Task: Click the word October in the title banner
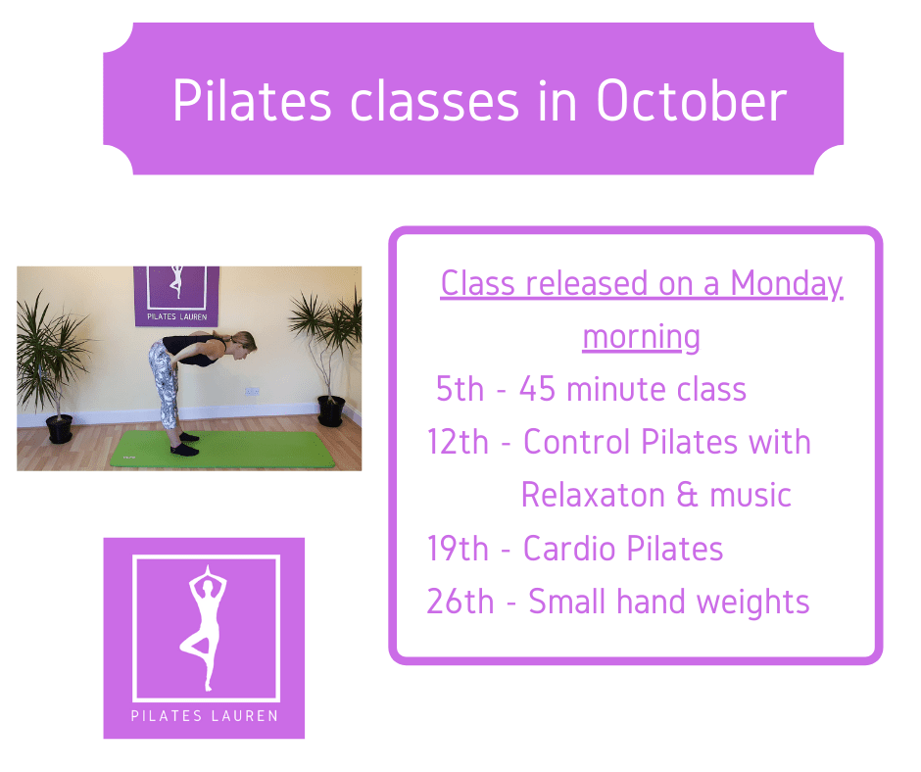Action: tap(691, 101)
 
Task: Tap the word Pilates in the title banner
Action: tap(252, 101)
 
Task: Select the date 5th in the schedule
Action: tap(460, 389)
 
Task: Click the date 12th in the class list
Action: tap(458, 442)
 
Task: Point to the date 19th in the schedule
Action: tap(458, 549)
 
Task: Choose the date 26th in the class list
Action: tap(460, 602)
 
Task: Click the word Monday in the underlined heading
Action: tap(787, 285)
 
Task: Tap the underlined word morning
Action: tap(642, 338)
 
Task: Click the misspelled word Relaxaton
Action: tap(593, 495)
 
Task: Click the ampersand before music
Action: tap(687, 495)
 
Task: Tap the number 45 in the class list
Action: tap(538, 389)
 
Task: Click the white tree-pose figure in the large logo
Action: tap(204, 627)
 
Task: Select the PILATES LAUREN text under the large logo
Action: tap(205, 715)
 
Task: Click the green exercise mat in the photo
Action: tap(222, 450)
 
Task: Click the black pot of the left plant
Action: tap(60, 429)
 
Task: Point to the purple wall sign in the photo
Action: tap(176, 296)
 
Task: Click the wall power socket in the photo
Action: tap(252, 391)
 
